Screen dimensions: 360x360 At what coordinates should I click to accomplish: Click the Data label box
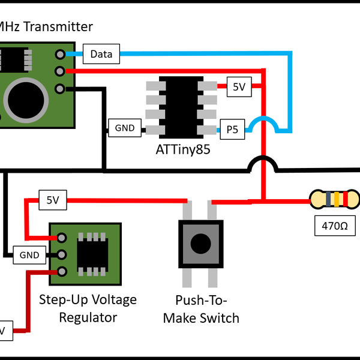tap(101, 55)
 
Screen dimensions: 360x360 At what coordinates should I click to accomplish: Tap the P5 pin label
tap(232, 129)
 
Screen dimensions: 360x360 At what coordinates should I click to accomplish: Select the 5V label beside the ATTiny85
tap(239, 87)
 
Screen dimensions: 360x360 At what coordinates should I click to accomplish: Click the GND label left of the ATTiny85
tap(125, 128)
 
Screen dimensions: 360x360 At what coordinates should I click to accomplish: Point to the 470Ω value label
tap(335, 227)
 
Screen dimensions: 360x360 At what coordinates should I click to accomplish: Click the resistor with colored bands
tap(335, 199)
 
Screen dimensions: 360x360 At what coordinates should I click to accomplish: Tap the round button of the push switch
tap(200, 243)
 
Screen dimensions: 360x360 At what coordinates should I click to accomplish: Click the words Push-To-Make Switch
tap(201, 309)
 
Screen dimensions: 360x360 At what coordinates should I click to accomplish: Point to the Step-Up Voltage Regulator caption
tap(88, 307)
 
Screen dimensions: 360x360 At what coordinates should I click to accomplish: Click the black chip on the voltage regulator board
tap(91, 254)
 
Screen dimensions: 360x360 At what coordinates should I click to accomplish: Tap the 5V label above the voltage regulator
tap(52, 199)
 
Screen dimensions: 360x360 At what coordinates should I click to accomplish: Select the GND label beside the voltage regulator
tap(29, 255)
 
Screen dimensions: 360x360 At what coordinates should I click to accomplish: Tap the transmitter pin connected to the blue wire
tap(60, 55)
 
